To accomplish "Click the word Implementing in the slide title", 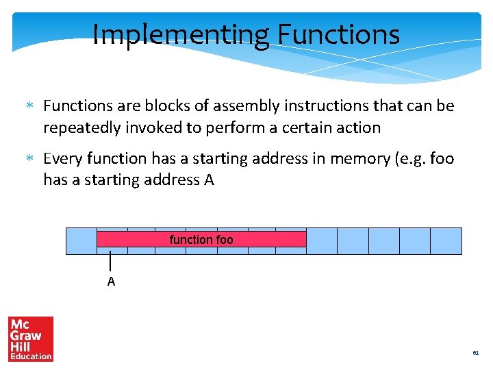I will click(x=179, y=34).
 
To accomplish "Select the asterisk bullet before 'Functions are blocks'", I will click(x=29, y=106).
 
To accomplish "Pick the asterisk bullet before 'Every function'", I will click(x=29, y=159).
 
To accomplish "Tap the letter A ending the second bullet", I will click(x=209, y=180).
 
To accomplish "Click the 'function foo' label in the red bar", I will click(x=201, y=240).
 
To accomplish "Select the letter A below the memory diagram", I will click(x=111, y=282).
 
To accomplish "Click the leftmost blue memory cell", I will click(x=81, y=241).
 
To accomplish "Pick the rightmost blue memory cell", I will click(x=446, y=241).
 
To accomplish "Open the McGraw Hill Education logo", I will click(x=30, y=338).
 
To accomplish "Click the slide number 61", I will click(x=475, y=353).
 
